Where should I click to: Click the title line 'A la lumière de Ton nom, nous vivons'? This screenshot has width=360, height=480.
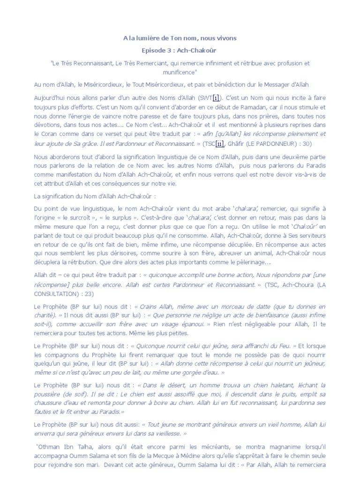click(x=180, y=37)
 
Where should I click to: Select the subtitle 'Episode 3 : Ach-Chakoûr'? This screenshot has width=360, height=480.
click(x=180, y=49)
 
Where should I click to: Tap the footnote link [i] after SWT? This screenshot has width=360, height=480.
click(x=216, y=97)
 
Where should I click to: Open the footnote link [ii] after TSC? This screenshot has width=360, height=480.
click(x=220, y=144)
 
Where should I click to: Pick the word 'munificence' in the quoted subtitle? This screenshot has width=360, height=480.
click(x=180, y=72)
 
